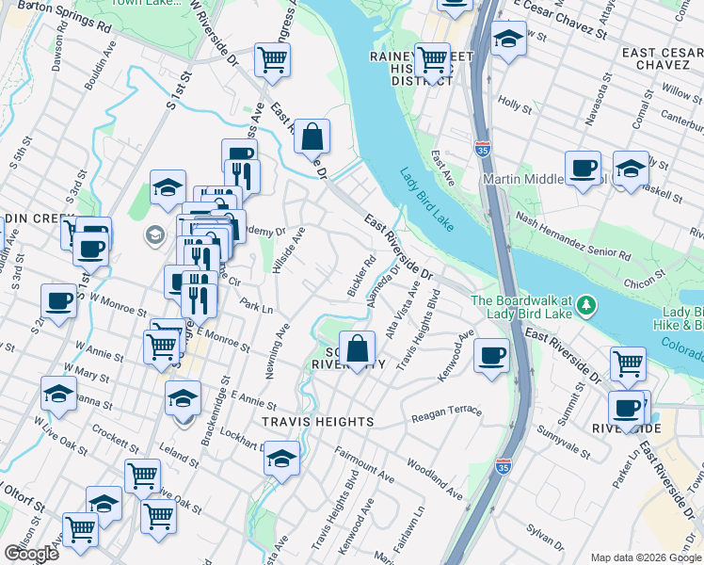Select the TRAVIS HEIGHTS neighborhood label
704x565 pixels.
318,422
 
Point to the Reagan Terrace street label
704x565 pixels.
446,412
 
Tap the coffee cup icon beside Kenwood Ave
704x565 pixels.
491,356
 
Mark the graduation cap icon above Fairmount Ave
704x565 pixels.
281,459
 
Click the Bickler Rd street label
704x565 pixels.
362,276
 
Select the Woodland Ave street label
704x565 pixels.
435,479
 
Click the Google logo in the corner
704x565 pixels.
31,554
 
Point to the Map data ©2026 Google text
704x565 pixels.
645,557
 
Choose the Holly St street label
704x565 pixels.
515,103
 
